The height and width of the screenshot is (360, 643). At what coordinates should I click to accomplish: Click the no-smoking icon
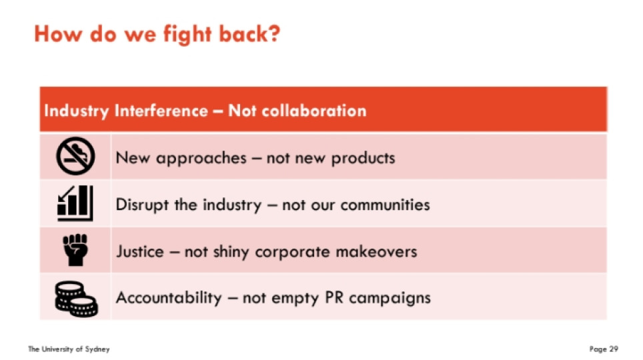(75, 156)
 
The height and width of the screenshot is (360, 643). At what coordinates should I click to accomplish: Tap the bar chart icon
(75, 203)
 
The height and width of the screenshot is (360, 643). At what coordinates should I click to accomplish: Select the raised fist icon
(75, 250)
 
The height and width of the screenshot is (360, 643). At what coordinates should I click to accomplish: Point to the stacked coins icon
(76, 299)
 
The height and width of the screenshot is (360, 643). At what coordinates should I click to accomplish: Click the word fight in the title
(187, 34)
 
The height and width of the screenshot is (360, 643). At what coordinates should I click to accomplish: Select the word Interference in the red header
(161, 110)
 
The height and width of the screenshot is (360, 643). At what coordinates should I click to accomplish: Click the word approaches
(201, 159)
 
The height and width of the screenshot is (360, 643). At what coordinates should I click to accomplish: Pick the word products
(363, 158)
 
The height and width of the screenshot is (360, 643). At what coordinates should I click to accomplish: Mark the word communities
(385, 204)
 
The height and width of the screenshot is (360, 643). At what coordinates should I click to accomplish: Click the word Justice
(140, 251)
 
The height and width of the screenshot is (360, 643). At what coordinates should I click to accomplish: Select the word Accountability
(169, 298)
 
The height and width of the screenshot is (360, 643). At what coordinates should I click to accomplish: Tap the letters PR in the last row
(334, 298)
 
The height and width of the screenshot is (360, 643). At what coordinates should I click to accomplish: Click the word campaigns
(390, 299)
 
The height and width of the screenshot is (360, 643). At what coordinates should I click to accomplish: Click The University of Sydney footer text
(69, 349)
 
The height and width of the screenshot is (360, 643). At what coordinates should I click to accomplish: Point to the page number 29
(614, 349)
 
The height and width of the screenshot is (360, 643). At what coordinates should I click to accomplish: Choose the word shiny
(231, 252)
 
